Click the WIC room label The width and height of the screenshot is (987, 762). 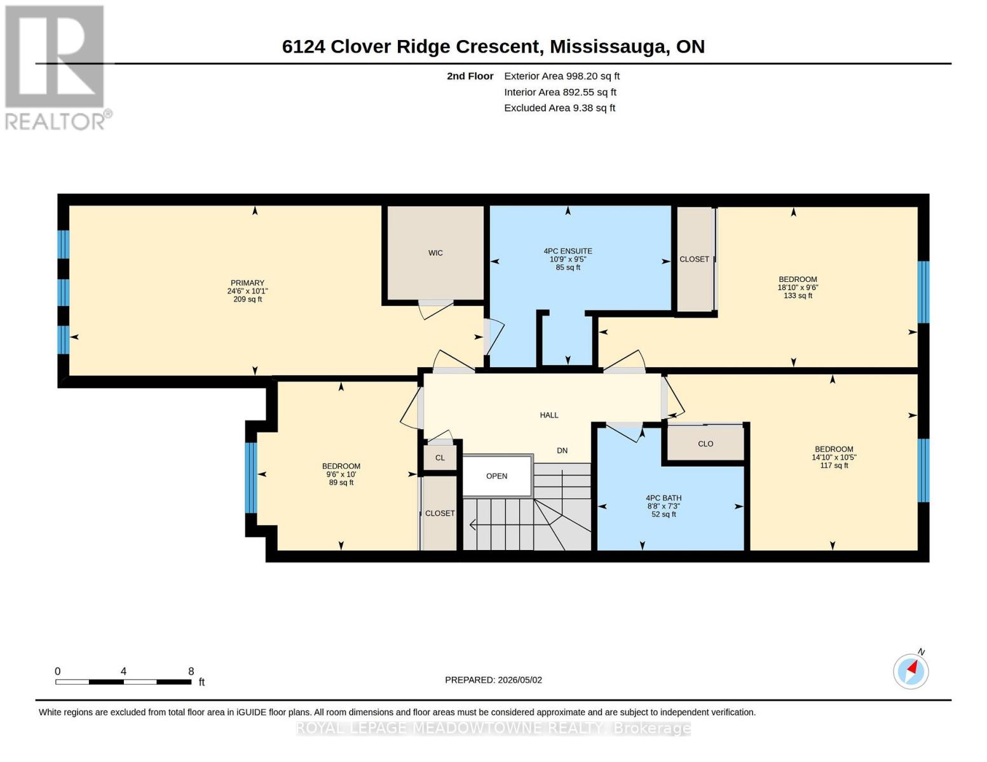pos(435,253)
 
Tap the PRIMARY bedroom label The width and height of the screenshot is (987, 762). pos(247,283)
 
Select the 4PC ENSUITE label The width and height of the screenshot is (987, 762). pos(568,251)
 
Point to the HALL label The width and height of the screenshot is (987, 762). pos(548,415)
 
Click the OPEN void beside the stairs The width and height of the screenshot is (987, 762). pos(496,476)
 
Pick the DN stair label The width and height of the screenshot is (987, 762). pos(562,450)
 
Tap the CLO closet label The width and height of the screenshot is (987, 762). pos(705,443)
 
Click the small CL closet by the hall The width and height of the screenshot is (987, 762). pos(440,457)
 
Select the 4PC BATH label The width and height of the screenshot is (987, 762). pos(664,498)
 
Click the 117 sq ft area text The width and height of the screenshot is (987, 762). pos(834,465)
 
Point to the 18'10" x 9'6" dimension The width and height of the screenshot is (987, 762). pos(798,287)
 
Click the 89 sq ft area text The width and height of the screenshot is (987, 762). pos(341,483)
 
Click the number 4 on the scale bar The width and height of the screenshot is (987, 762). pos(123,671)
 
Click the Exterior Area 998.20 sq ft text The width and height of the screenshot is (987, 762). pos(561,76)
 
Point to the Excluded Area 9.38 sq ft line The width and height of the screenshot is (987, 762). pos(559,107)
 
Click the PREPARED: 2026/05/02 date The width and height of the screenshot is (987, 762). pos(493,680)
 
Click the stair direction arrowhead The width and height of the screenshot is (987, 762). pos(473,525)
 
